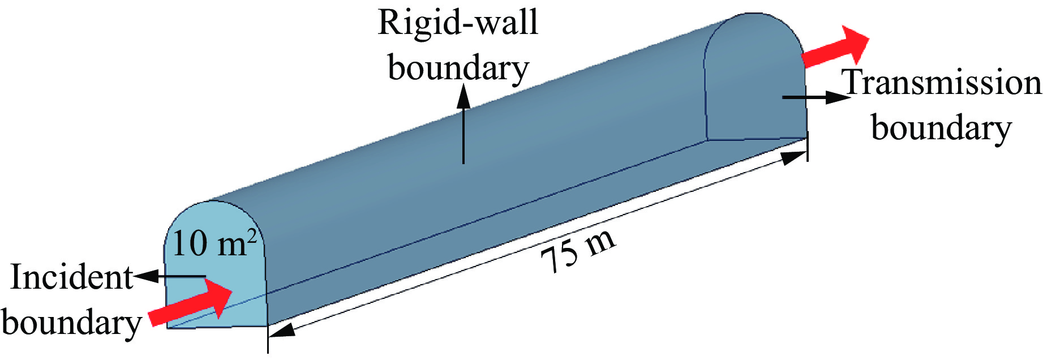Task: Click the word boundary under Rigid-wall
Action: [x=458, y=68]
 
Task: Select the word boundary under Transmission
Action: [x=941, y=128]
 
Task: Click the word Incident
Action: [x=71, y=278]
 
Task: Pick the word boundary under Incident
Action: [x=71, y=323]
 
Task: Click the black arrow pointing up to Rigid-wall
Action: [x=463, y=125]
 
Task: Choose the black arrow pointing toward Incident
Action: [x=170, y=276]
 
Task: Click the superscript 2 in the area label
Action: [x=252, y=235]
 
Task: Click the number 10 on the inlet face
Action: [x=189, y=245]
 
